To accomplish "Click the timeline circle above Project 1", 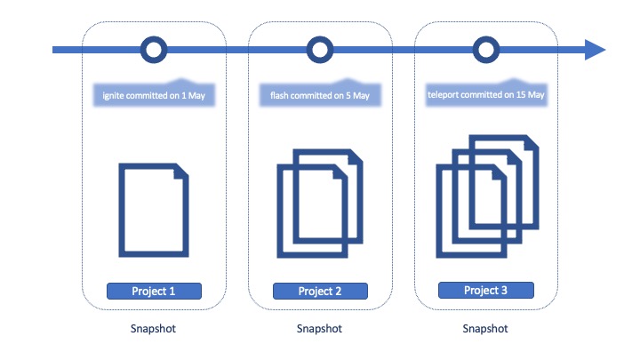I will [x=155, y=50].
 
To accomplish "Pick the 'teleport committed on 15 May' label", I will [x=485, y=92].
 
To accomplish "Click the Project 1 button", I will [x=155, y=291].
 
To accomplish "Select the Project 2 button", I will [x=320, y=291].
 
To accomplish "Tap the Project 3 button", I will [x=485, y=290].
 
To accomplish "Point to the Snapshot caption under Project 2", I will [x=320, y=329].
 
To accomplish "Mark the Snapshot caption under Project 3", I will [x=485, y=329].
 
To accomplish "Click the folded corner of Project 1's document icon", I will [x=180, y=172].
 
